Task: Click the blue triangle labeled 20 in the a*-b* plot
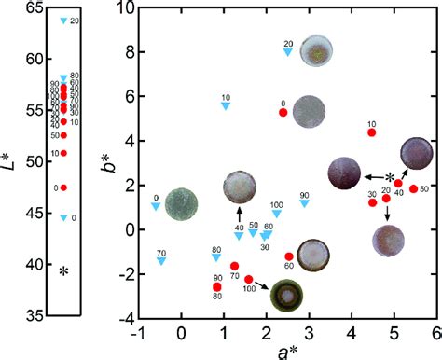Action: coord(288,52)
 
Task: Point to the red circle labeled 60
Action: coord(289,256)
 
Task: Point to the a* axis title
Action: coord(285,351)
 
